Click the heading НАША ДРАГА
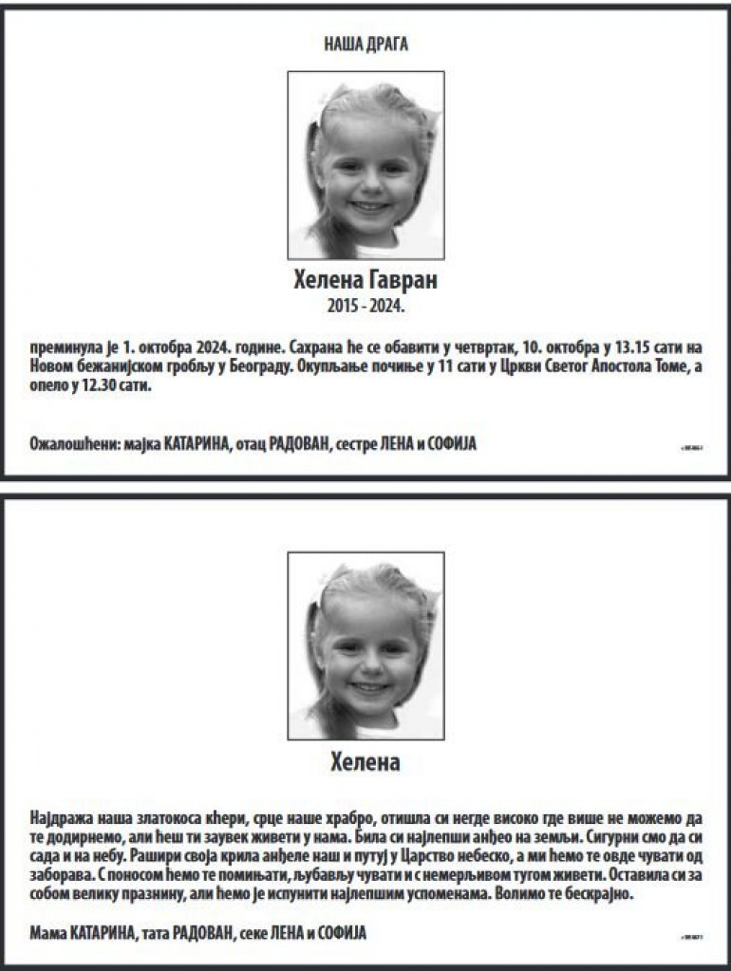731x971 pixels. pyautogui.click(x=365, y=44)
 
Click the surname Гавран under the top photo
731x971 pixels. pyautogui.click(x=403, y=282)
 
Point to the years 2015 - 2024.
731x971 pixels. pyautogui.click(x=365, y=307)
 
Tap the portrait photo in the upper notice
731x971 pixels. pyautogui.click(x=365, y=164)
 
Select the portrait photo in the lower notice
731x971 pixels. pyautogui.click(x=365, y=645)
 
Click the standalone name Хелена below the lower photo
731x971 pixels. pyautogui.click(x=365, y=761)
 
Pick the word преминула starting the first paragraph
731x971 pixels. pyautogui.click(x=65, y=345)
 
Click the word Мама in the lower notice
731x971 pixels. pyautogui.click(x=49, y=932)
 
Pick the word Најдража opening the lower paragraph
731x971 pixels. pyautogui.click(x=63, y=818)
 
